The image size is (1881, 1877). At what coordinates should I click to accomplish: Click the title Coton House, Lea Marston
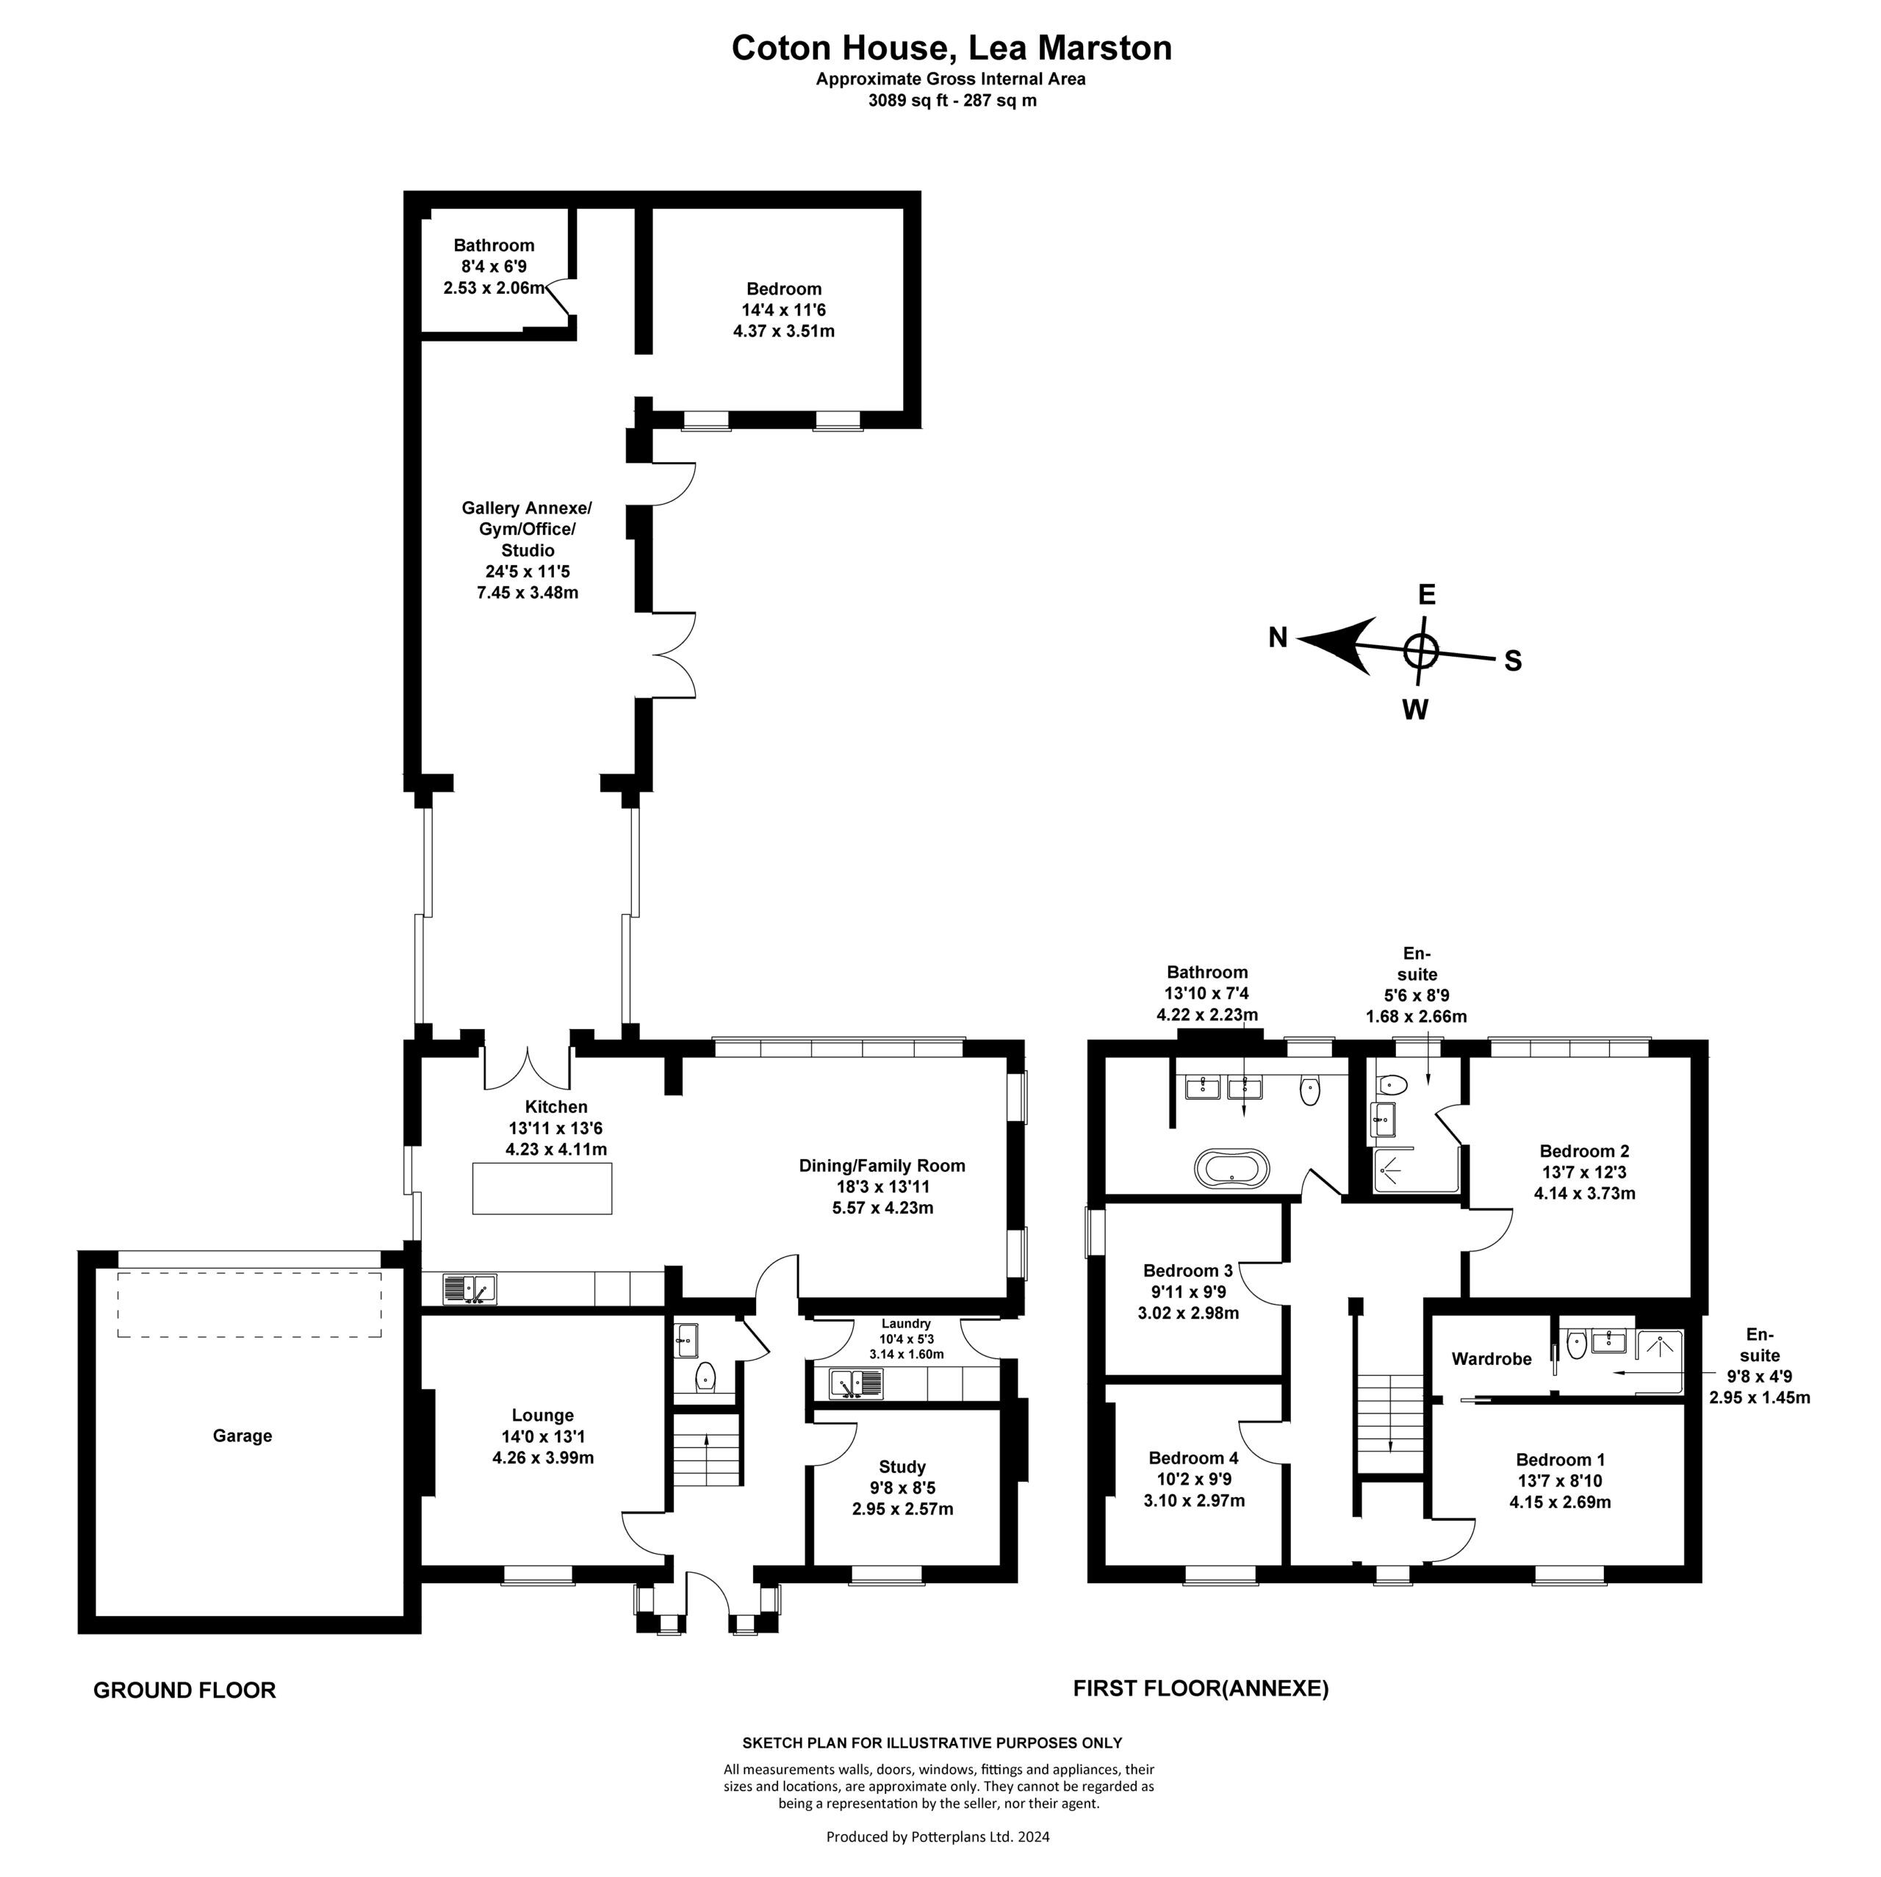[952, 48]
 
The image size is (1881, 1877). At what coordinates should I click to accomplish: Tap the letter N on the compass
[1277, 638]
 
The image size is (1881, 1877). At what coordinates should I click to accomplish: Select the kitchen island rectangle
[542, 1188]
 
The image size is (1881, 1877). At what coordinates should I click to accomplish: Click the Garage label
[242, 1436]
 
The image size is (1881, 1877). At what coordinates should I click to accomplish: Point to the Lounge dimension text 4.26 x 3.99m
[542, 1458]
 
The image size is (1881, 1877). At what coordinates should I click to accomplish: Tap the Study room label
[902, 1467]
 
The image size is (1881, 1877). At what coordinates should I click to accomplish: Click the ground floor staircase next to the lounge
[707, 1452]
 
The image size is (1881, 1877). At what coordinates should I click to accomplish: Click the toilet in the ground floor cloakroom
[706, 1377]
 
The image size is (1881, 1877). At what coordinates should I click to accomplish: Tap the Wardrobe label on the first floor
[1491, 1359]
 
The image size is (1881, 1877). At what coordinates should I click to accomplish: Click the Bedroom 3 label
[1188, 1270]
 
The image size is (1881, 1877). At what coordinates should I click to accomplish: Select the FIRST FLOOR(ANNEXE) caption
[1201, 1688]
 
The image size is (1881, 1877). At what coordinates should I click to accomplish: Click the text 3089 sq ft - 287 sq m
[952, 100]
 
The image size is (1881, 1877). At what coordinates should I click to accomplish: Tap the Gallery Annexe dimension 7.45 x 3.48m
[527, 592]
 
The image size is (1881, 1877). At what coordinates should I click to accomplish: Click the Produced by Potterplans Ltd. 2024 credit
[938, 1837]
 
